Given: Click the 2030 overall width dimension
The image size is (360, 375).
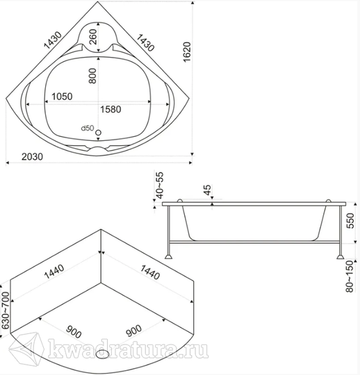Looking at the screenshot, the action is tap(32, 157).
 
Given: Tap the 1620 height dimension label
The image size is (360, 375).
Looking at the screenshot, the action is tap(187, 52).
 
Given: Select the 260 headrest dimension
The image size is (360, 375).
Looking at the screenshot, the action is tap(92, 37).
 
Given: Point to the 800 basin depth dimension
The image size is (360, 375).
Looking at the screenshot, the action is tap(92, 76).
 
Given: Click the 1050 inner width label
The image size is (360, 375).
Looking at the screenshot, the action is tap(62, 97).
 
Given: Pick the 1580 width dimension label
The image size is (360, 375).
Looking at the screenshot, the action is tap(111, 109).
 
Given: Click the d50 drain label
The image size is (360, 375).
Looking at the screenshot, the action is tap(88, 128).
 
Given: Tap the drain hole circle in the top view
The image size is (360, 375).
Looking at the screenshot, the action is tap(99, 133).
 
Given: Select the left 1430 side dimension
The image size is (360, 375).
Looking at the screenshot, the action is tap(53, 40).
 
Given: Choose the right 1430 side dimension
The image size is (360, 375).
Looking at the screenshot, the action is tap(145, 42).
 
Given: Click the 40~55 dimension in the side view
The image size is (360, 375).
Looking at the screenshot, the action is tap(160, 185).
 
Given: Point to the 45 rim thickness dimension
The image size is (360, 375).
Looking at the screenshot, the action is tap(208, 190).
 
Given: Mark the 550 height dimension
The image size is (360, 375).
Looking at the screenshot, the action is tap(350, 221).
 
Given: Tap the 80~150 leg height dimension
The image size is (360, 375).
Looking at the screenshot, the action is tap(350, 276).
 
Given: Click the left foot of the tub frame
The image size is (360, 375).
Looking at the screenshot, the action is tap(168, 257).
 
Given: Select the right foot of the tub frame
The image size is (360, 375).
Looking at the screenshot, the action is tap(340, 257).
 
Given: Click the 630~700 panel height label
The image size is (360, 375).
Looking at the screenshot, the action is tap(6, 311).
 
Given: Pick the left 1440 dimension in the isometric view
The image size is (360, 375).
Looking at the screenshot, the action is tap(54, 272).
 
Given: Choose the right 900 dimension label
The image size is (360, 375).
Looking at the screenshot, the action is tap(133, 331).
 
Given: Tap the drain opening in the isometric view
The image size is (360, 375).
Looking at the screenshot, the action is tap(102, 354).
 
